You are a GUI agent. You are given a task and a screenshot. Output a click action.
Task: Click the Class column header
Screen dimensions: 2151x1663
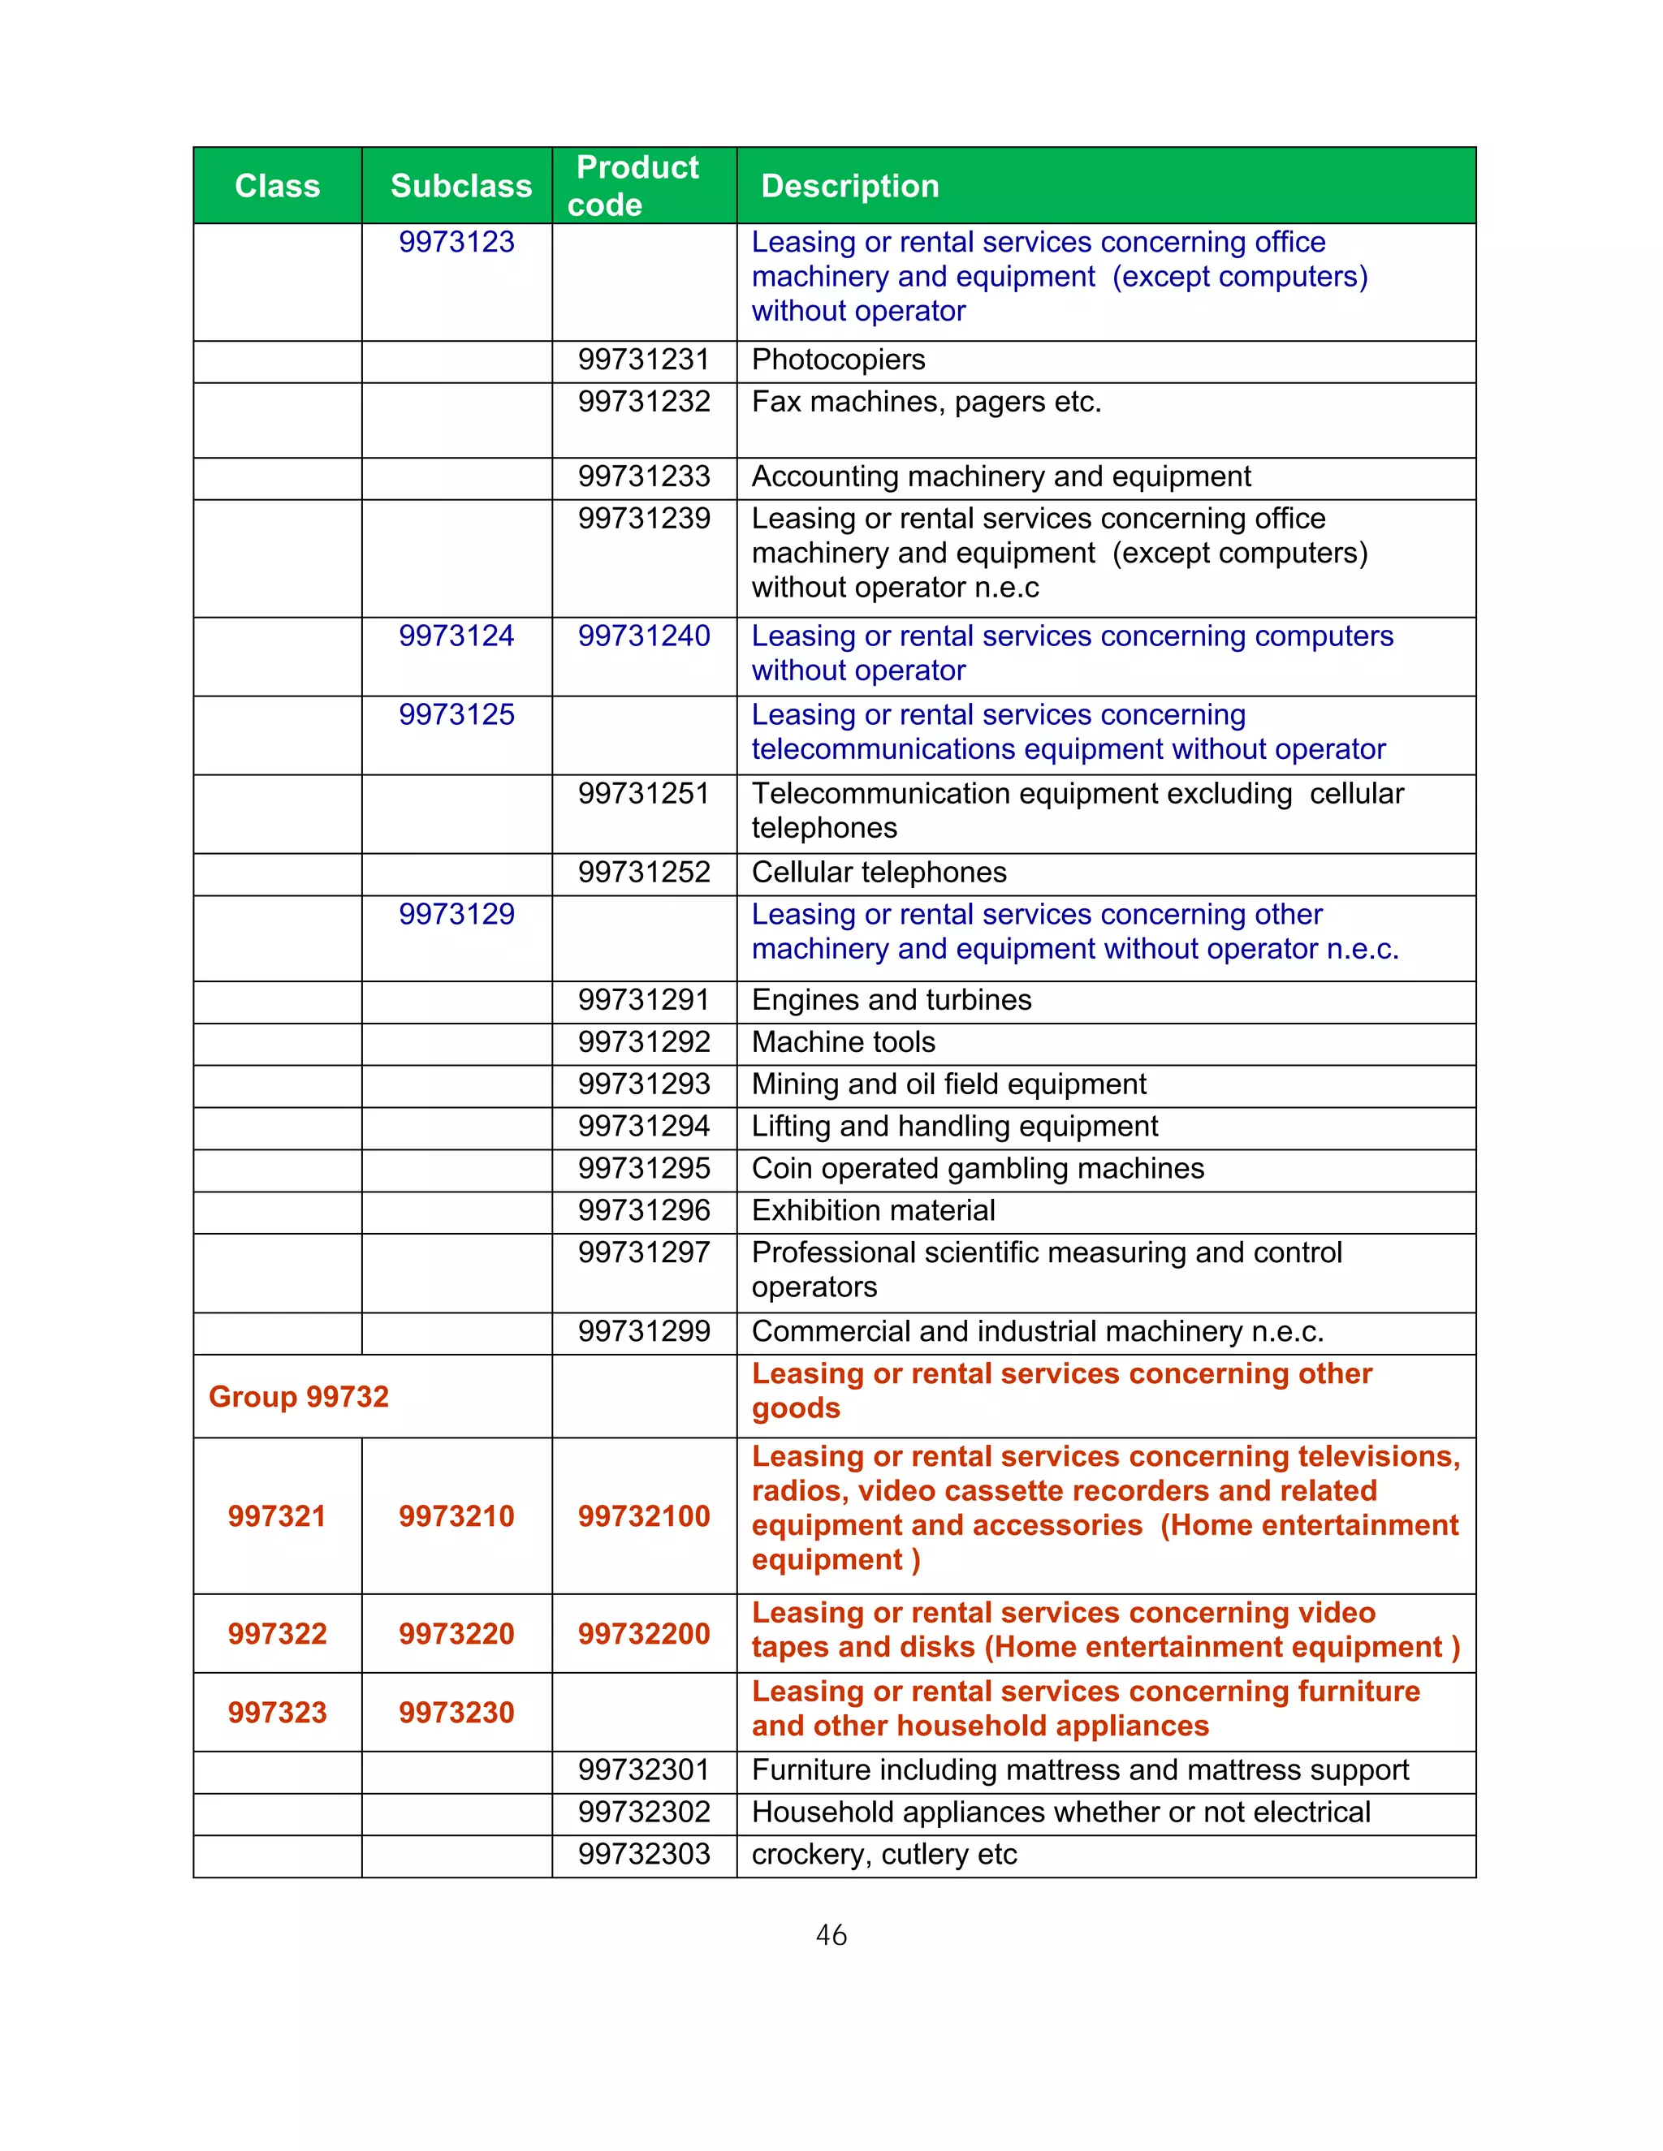[x=277, y=186]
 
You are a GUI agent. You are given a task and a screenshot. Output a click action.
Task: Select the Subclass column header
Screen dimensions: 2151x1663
[x=460, y=186]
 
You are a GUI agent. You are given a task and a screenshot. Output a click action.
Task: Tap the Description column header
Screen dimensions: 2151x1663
[x=849, y=186]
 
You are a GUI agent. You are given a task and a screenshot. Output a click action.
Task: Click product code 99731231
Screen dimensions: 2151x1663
[x=643, y=360]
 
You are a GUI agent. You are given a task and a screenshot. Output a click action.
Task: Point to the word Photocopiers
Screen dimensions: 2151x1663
[x=837, y=360]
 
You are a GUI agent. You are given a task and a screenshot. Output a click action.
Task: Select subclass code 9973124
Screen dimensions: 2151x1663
[x=456, y=636]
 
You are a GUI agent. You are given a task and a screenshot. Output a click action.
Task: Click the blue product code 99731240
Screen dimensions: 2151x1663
[x=643, y=636]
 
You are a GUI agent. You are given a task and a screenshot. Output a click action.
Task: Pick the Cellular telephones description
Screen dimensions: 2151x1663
[x=878, y=873]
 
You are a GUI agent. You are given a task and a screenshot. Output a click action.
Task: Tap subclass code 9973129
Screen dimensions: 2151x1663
[x=456, y=915]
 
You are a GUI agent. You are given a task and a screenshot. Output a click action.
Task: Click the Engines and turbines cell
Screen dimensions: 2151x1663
[x=891, y=1001]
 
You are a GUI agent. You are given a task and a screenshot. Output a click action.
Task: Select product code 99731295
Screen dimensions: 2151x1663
[x=643, y=1169]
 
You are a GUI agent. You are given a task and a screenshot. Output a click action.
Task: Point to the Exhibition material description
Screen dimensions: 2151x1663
[x=873, y=1211]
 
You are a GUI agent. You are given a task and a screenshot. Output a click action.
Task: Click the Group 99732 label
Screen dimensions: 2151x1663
[x=299, y=1397]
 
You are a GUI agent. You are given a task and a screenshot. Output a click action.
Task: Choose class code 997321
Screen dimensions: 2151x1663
[x=277, y=1515]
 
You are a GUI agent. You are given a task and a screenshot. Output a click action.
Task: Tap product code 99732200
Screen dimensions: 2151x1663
[x=643, y=1634]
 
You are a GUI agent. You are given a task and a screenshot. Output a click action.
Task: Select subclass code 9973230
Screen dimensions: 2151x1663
[x=456, y=1713]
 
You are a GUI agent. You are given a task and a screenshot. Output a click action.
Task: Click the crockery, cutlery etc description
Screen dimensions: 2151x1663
[x=883, y=1855]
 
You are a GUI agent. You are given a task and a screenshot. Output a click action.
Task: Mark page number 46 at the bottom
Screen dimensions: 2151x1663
[x=831, y=1935]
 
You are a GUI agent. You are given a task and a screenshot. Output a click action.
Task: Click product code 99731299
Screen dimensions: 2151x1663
[x=643, y=1331]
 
